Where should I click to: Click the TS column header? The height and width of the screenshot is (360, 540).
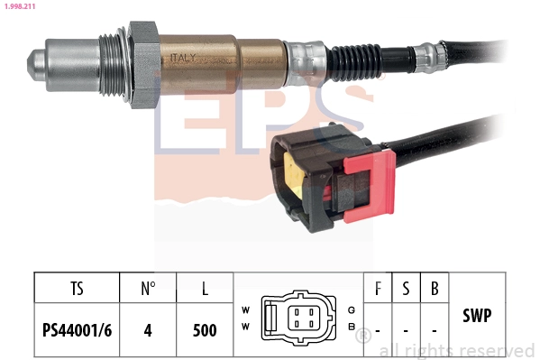[77, 289]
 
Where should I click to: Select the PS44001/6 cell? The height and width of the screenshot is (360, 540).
[77, 329]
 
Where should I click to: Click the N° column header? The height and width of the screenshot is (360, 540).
[149, 289]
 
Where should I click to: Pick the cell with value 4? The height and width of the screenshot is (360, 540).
[149, 329]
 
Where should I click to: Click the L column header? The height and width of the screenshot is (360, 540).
[206, 289]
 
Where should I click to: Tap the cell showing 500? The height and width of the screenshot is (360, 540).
[206, 329]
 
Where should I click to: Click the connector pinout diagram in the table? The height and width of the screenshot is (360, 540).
[297, 318]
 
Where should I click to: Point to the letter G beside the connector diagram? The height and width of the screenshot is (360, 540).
[350, 309]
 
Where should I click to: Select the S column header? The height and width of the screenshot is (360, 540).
[406, 289]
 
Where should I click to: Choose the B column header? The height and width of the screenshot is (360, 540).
[435, 289]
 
